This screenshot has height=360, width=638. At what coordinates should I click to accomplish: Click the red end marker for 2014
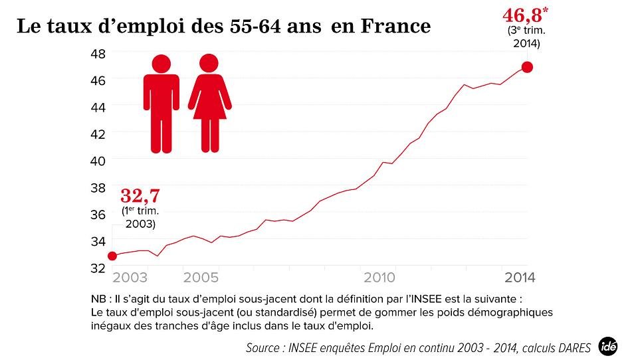click(527, 67)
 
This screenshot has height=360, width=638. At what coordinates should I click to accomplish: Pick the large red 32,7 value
click(140, 196)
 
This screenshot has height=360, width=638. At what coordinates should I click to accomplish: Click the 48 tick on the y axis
click(97, 52)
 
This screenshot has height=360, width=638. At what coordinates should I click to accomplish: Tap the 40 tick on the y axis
click(97, 160)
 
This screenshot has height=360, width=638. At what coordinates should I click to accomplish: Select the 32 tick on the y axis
click(97, 268)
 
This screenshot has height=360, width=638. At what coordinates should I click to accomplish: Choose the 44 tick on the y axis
click(97, 106)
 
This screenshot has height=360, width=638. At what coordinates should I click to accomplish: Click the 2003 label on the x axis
click(131, 278)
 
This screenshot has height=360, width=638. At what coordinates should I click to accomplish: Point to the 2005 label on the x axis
click(201, 278)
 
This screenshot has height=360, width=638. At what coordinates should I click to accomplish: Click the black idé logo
click(607, 345)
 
